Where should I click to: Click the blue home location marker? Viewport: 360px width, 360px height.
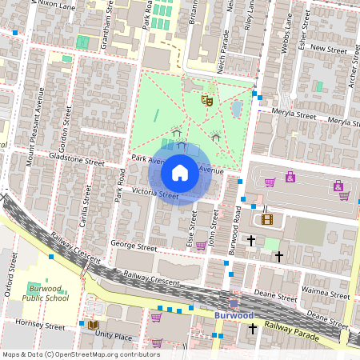(180, 172)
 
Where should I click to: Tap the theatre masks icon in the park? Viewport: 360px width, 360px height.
(207, 100)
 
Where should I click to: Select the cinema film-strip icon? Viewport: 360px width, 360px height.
(266, 220)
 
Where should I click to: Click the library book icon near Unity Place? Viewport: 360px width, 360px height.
(93, 325)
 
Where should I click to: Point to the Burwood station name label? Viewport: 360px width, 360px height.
(234, 315)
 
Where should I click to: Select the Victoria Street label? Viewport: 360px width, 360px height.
(155, 194)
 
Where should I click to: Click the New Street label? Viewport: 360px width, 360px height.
(328, 48)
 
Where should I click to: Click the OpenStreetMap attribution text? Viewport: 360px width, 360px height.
(81, 354)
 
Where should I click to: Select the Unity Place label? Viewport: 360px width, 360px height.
(114, 337)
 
